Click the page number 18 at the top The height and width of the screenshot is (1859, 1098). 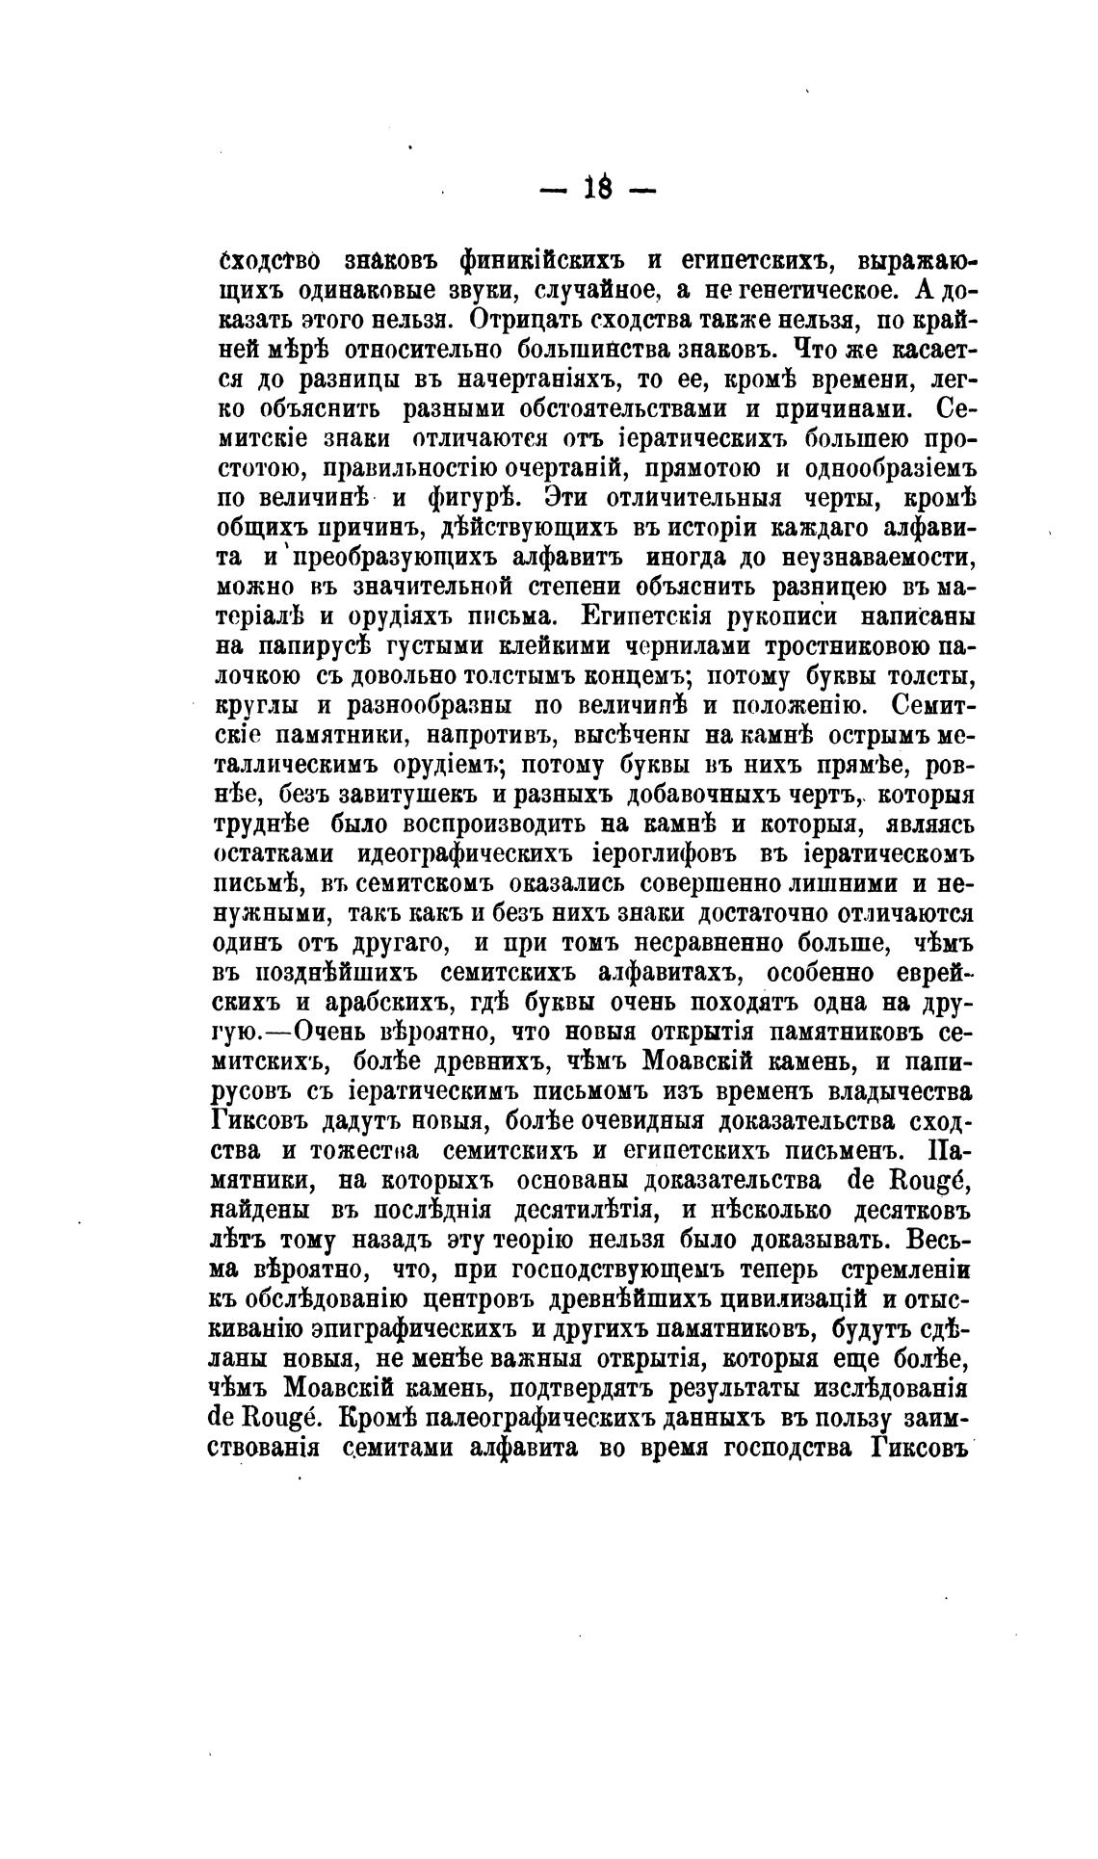click(x=596, y=189)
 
